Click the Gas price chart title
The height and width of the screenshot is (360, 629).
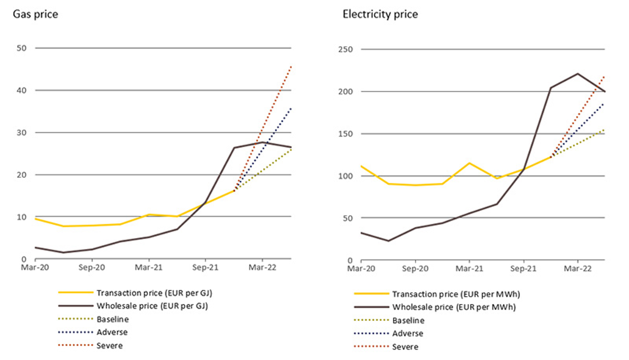[x=35, y=14]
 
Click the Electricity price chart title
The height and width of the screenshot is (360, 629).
[x=380, y=14]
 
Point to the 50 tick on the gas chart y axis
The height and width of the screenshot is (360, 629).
[x=22, y=48]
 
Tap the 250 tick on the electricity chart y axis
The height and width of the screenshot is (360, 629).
[x=346, y=49]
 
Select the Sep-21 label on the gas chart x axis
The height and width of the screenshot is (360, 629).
[x=205, y=268]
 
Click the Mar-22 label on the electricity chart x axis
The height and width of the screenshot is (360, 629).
[x=578, y=269]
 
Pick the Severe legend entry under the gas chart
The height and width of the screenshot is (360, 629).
[x=109, y=345]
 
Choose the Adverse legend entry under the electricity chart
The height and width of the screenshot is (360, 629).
[x=408, y=333]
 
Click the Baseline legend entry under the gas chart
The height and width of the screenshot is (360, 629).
[x=112, y=319]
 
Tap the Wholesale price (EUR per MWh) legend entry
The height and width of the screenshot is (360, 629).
[x=454, y=307]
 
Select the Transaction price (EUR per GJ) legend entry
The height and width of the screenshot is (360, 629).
[x=154, y=293]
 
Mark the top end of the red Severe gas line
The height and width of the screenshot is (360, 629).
[x=291, y=66]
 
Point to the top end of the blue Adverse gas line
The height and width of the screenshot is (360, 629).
[x=291, y=108]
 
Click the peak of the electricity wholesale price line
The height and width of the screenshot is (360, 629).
[x=578, y=73]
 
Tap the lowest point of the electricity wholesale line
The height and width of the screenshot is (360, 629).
[x=388, y=241]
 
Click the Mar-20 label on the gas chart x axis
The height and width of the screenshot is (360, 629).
[x=35, y=268]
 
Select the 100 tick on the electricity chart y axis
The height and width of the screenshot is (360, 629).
[x=346, y=176]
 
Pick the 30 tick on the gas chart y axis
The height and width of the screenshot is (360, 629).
[x=22, y=132]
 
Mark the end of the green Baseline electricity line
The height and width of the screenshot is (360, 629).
[x=604, y=130]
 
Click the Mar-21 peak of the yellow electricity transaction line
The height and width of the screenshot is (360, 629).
[x=469, y=163]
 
